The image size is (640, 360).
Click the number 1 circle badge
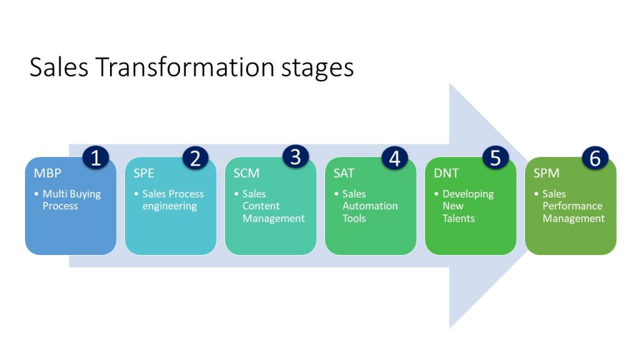click(96, 157)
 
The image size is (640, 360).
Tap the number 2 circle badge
click(196, 157)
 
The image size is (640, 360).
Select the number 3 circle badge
click(296, 157)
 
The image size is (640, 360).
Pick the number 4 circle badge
click(395, 157)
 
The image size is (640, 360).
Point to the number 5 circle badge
click(495, 157)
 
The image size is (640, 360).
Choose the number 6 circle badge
click(595, 157)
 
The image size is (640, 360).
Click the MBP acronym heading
click(47, 173)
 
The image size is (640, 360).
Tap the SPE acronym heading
click(144, 173)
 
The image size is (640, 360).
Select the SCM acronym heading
click(246, 173)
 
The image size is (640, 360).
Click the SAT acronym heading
click(344, 173)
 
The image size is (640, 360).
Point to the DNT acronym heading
click(446, 173)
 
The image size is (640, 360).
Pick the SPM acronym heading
click(546, 173)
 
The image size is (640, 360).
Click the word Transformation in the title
click(185, 67)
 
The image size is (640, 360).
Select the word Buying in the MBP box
click(85, 194)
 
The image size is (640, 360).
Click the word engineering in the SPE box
click(169, 206)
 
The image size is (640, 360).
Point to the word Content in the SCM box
click(261, 206)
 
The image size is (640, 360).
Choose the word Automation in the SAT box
click(370, 206)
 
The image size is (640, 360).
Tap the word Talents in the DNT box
click(458, 218)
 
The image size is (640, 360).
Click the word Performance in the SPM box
click(572, 206)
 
